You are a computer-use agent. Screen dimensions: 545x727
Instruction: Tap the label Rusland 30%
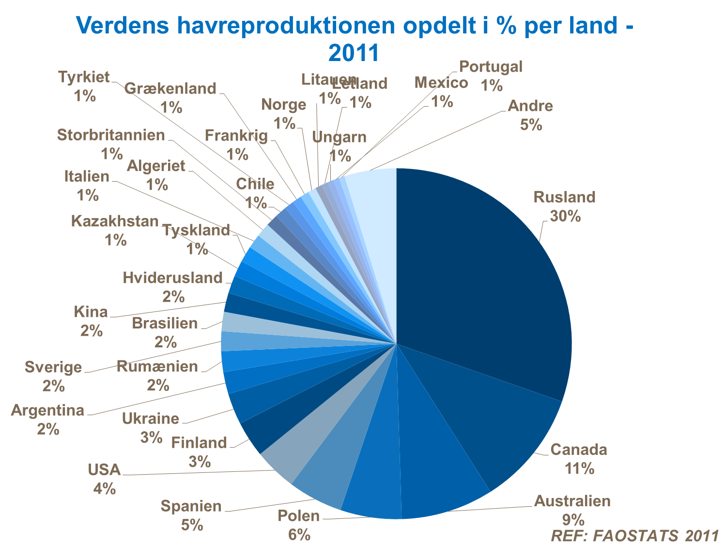click(564, 206)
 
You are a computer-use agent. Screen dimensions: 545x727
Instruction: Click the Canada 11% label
click(579, 458)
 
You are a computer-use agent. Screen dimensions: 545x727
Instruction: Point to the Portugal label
click(491, 66)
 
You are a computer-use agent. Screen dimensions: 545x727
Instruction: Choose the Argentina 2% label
click(48, 420)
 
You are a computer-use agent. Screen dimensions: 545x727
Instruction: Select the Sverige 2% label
click(53, 376)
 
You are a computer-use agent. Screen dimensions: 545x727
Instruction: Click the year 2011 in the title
click(353, 53)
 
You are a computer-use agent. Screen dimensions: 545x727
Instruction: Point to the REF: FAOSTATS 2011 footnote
click(634, 535)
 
